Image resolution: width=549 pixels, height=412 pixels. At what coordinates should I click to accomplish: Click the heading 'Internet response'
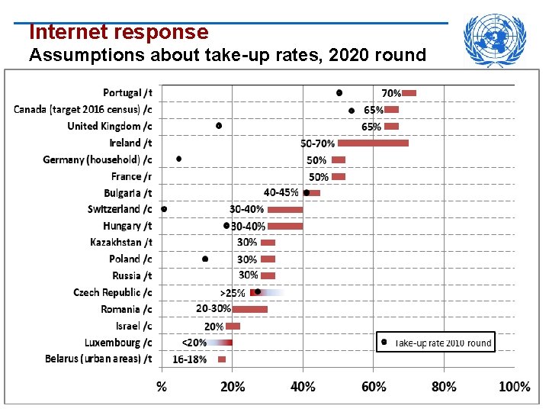(x=118, y=32)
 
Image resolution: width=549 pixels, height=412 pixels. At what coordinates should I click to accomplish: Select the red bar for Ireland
(x=373, y=143)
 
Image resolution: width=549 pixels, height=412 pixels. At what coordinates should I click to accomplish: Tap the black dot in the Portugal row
(x=339, y=92)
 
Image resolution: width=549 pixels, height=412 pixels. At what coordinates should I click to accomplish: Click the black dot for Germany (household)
(x=178, y=159)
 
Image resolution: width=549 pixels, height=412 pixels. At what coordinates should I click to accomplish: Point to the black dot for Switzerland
(x=164, y=208)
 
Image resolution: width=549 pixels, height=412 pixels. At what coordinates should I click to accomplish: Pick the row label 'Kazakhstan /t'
(x=120, y=242)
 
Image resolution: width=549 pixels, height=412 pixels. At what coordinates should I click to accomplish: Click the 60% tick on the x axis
(x=374, y=386)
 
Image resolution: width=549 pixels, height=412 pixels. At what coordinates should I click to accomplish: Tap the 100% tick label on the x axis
(x=515, y=386)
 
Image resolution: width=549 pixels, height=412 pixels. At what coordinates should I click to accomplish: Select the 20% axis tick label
(x=233, y=386)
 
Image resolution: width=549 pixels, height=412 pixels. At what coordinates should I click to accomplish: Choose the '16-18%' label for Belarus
(x=189, y=359)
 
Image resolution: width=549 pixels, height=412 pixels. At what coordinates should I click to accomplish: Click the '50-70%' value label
(x=317, y=143)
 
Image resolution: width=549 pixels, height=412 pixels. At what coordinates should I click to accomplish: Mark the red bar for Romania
(x=250, y=309)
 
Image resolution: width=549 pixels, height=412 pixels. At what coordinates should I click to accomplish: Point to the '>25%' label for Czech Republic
(x=233, y=292)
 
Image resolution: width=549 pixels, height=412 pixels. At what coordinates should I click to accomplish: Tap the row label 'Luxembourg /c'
(x=118, y=343)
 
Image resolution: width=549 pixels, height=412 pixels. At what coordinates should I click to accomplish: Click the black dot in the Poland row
(x=205, y=259)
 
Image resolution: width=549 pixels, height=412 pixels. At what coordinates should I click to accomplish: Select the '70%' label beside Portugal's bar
(x=391, y=92)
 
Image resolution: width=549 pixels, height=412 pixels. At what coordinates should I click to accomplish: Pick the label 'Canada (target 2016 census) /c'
(x=82, y=109)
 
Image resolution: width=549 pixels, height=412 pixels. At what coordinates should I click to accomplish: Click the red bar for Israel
(x=233, y=326)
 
